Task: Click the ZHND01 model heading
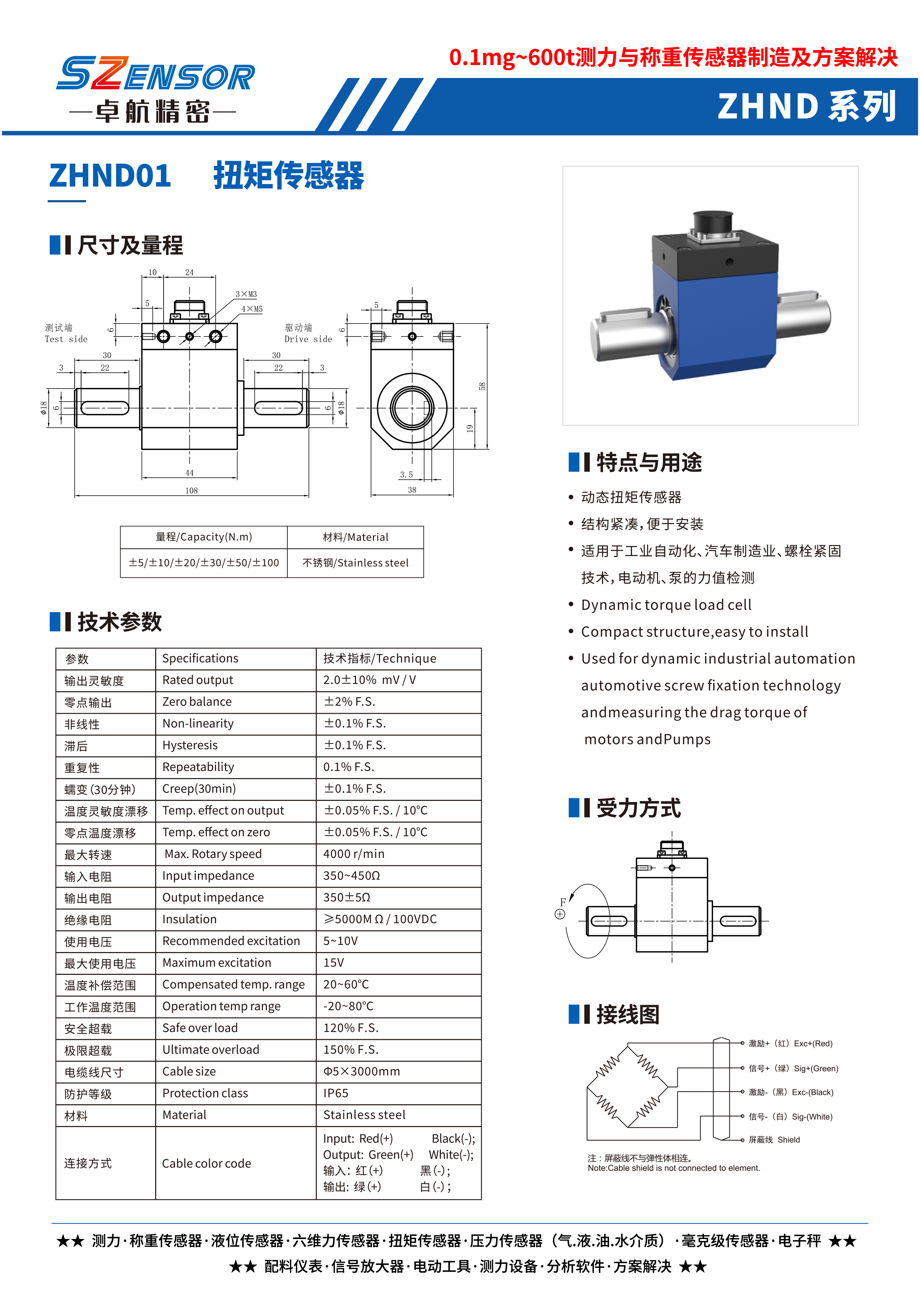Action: pyautogui.click(x=110, y=176)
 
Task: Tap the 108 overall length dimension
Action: pyautogui.click(x=191, y=490)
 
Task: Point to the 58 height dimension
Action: pyautogui.click(x=482, y=386)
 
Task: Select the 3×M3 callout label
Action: pyautogui.click(x=246, y=294)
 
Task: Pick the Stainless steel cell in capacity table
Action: pyautogui.click(x=355, y=563)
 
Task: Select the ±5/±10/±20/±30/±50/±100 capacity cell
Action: pyautogui.click(x=204, y=563)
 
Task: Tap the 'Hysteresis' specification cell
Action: pyautogui.click(x=190, y=745)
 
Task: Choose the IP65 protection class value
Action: pyautogui.click(x=336, y=1093)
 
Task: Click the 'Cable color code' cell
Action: pyautogui.click(x=207, y=1163)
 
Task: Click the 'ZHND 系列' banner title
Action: pyautogui.click(x=807, y=106)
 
